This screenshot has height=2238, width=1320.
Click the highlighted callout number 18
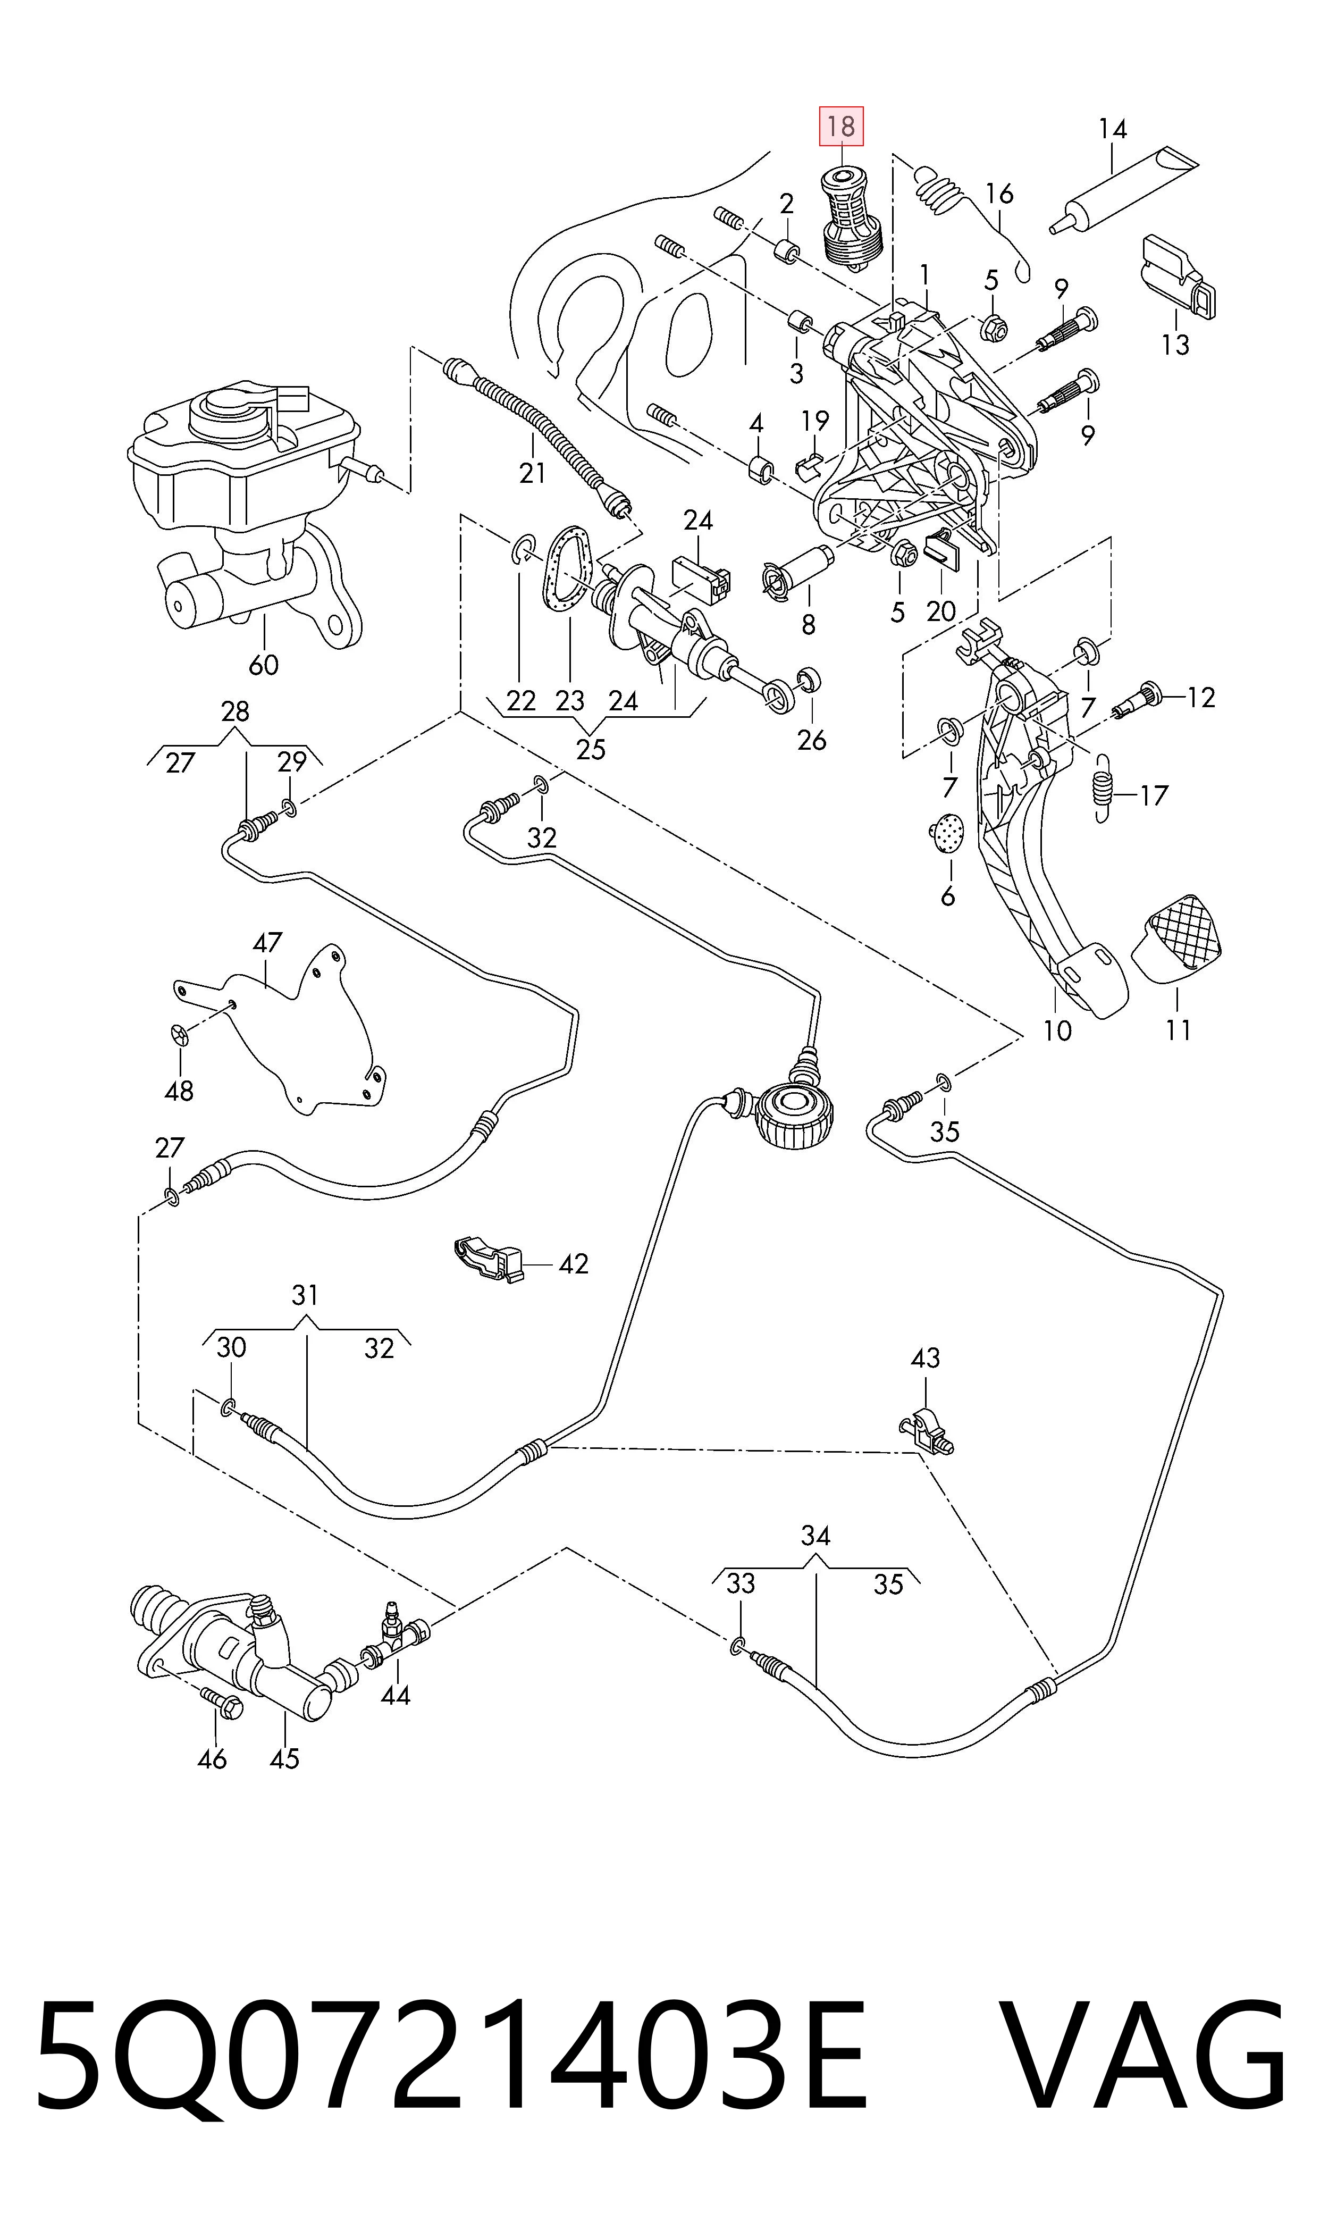pos(840,127)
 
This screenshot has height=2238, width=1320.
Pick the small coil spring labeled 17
pos(1103,788)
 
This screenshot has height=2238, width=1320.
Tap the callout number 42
pos(574,1263)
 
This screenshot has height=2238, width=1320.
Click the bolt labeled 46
pos(222,1703)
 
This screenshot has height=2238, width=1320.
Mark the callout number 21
pos(532,472)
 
